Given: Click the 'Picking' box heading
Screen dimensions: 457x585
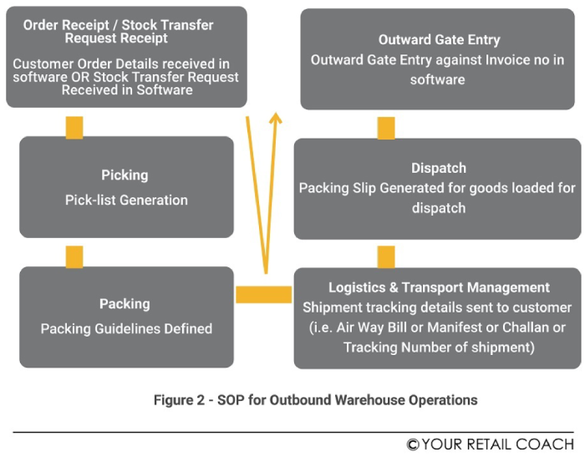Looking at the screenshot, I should tap(125, 175).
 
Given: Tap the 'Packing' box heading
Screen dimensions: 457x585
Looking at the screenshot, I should tap(125, 304).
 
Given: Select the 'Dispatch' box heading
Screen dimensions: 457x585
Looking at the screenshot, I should tap(438, 168).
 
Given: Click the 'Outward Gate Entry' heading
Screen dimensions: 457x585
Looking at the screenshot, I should tap(438, 40).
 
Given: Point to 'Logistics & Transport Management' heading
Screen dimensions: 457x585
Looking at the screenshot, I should tap(438, 288).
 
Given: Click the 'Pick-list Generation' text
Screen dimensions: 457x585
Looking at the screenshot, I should tap(126, 200).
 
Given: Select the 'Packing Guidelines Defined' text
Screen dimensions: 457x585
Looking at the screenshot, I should tap(126, 328).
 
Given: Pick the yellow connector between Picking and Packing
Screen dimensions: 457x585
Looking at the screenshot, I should tap(74, 256).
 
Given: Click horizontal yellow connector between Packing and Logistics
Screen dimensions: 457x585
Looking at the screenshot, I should tap(263, 294).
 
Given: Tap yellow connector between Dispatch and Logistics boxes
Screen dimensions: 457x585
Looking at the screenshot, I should tap(385, 256).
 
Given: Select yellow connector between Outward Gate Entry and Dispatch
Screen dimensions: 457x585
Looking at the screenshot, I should tap(385, 128).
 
